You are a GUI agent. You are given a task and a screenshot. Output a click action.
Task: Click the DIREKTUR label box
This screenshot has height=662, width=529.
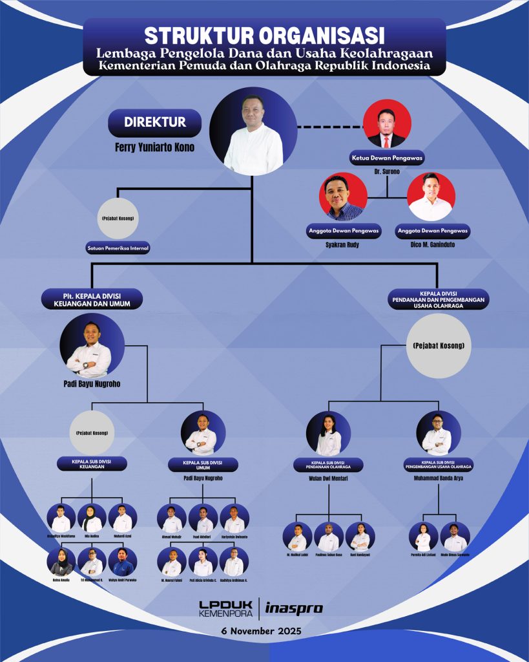[155, 122]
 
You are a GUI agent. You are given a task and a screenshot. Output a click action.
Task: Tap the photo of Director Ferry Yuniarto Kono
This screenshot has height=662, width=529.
[253, 131]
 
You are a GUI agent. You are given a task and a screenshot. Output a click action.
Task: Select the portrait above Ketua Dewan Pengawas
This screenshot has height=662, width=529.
[387, 123]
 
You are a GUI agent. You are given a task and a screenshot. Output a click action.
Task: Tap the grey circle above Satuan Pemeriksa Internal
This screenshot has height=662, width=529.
[117, 219]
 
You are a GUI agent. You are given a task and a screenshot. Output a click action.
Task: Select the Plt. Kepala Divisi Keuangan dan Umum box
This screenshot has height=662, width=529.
[92, 299]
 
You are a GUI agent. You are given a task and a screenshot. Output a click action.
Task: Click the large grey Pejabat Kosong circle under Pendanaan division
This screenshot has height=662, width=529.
[438, 346]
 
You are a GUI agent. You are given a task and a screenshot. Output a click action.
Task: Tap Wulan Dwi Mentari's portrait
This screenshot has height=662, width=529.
[328, 433]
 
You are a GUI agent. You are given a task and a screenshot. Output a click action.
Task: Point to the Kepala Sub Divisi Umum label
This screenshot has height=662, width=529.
[203, 464]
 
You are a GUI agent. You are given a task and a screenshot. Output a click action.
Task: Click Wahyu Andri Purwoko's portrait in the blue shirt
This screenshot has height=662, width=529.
[123, 562]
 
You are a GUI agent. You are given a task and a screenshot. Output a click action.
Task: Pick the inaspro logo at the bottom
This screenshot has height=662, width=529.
[294, 608]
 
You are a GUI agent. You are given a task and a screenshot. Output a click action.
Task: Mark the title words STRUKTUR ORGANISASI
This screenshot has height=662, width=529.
[264, 34]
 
